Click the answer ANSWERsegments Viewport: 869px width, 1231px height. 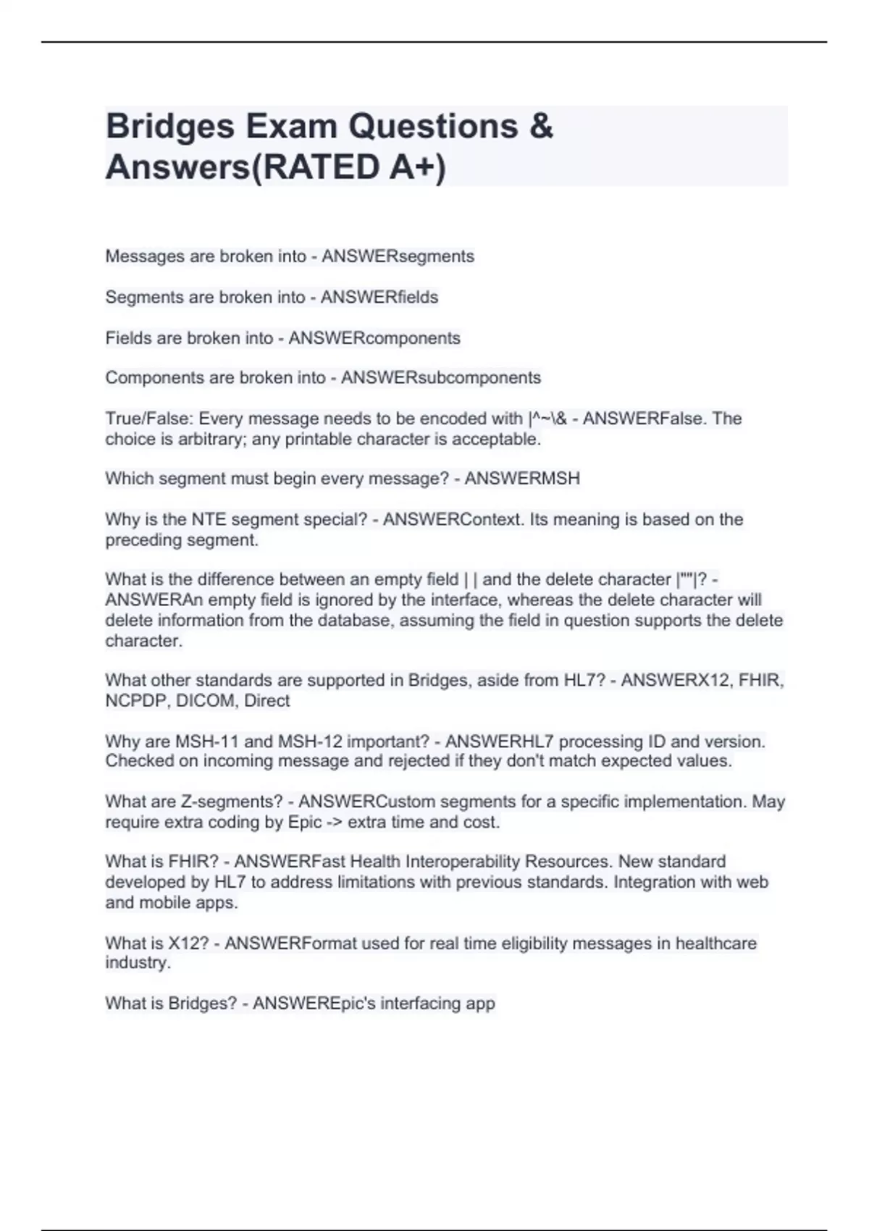pos(398,256)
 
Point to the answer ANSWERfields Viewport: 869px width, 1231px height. pos(379,297)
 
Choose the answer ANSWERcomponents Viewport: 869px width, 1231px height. pos(374,338)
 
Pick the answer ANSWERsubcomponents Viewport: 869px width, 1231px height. pos(441,378)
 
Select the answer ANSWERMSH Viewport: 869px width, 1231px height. pos(522,479)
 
